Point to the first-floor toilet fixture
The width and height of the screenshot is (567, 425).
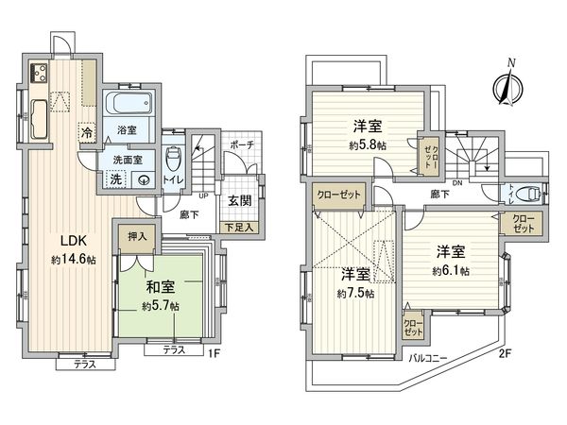(172, 157)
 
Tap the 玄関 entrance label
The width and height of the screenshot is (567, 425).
(238, 199)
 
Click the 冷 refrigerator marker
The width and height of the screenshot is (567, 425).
(87, 133)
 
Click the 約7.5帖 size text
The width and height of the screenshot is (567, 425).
(355, 294)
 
